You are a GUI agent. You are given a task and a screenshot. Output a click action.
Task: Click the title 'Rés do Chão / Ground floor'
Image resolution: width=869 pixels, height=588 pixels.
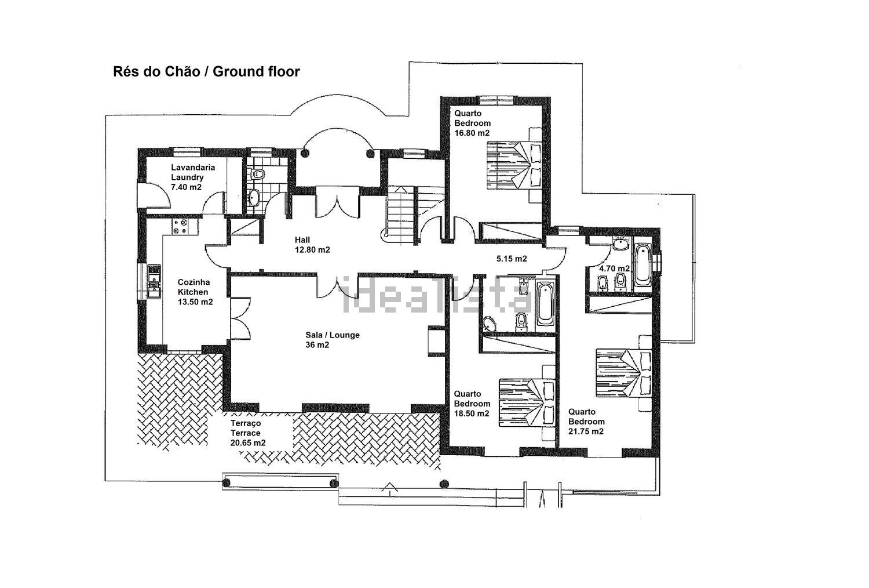tap(206, 72)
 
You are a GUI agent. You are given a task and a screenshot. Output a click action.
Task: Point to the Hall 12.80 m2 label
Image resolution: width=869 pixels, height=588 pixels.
tap(312, 245)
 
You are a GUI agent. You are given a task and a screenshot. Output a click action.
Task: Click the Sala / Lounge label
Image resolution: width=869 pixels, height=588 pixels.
tap(333, 340)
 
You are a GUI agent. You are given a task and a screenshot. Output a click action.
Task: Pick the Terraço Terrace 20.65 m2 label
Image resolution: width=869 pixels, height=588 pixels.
tap(248, 433)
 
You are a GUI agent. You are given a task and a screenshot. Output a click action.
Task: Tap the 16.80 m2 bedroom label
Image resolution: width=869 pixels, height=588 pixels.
tap(473, 123)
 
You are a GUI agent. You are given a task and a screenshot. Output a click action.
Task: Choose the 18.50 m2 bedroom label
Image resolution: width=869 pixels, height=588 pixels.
tap(472, 404)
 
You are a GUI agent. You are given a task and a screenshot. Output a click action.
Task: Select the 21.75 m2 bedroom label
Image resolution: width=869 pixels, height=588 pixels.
tap(586, 422)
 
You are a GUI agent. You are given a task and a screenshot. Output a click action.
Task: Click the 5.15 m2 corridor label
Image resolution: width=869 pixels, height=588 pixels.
tap(512, 259)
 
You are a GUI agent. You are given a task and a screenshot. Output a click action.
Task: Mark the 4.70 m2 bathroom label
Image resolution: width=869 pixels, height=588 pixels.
tap(614, 268)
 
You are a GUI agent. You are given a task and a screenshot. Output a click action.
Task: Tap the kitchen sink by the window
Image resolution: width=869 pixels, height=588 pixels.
tap(154, 281)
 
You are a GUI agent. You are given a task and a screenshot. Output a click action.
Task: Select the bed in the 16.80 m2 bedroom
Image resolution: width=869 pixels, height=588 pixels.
tap(514, 165)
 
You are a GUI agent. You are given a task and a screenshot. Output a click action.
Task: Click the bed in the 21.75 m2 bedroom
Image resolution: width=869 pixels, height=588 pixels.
tap(624, 373)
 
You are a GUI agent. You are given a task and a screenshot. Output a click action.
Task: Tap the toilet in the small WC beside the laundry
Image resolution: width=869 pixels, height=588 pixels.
tap(257, 173)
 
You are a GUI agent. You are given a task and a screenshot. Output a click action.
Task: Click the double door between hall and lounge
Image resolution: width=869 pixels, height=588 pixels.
tap(338, 286)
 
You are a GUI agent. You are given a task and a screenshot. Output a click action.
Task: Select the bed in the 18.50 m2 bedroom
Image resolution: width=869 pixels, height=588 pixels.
tap(527, 403)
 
